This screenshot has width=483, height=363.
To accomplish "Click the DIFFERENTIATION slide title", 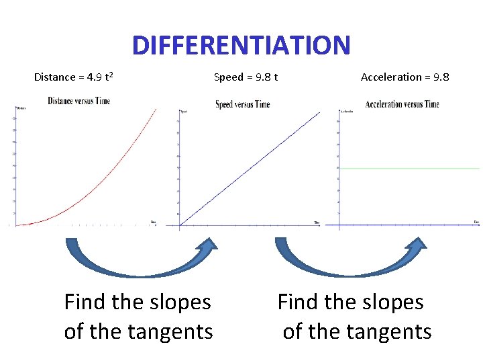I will (x=241, y=46).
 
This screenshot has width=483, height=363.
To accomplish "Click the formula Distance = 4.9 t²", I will (x=73, y=77).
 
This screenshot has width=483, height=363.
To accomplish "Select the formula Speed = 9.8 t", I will (x=246, y=77).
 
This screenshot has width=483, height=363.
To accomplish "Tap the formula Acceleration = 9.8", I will (x=405, y=77).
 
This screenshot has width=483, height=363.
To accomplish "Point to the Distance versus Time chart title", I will (x=78, y=101).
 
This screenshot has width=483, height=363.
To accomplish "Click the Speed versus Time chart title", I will (x=242, y=104).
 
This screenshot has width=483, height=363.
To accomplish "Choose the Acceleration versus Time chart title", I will (x=402, y=104).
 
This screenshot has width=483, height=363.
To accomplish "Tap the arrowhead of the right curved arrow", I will (x=419, y=245).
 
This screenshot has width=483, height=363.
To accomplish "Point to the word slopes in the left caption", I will (x=176, y=302).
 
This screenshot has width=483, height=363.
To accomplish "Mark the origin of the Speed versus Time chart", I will (x=180, y=225).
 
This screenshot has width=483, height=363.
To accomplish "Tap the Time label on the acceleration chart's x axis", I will (x=476, y=221).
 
